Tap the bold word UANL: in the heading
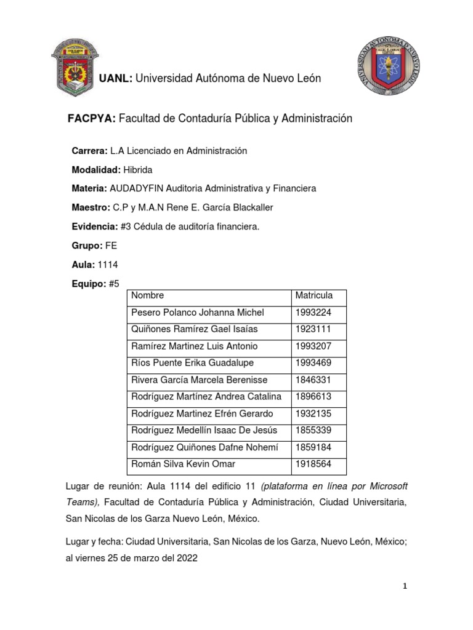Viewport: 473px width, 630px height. click(116, 78)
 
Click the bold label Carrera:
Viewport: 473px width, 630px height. click(90, 151)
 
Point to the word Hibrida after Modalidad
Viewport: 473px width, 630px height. click(137, 169)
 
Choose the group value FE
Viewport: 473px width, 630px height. click(111, 245)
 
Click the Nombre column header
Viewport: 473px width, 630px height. click(148, 296)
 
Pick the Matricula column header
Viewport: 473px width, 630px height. click(314, 296)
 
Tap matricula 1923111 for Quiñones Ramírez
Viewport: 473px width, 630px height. click(313, 329)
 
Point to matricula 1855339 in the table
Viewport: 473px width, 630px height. click(313, 430)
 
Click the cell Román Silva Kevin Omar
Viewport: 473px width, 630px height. click(183, 463)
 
